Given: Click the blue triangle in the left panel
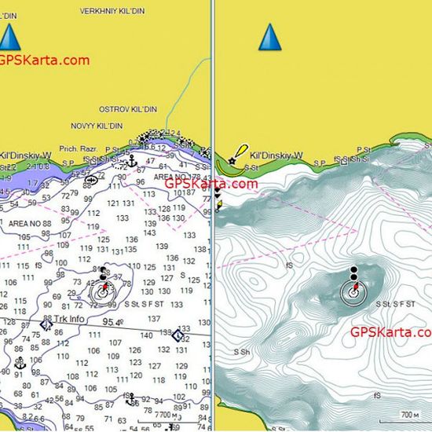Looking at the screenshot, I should (x=9, y=38).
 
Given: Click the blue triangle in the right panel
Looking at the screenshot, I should (x=269, y=37).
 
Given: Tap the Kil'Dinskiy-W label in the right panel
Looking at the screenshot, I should (x=276, y=156).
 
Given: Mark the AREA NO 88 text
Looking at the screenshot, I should (x=31, y=223).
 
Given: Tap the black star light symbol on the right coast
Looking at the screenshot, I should (x=232, y=160).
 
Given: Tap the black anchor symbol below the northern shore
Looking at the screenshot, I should (x=133, y=161).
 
